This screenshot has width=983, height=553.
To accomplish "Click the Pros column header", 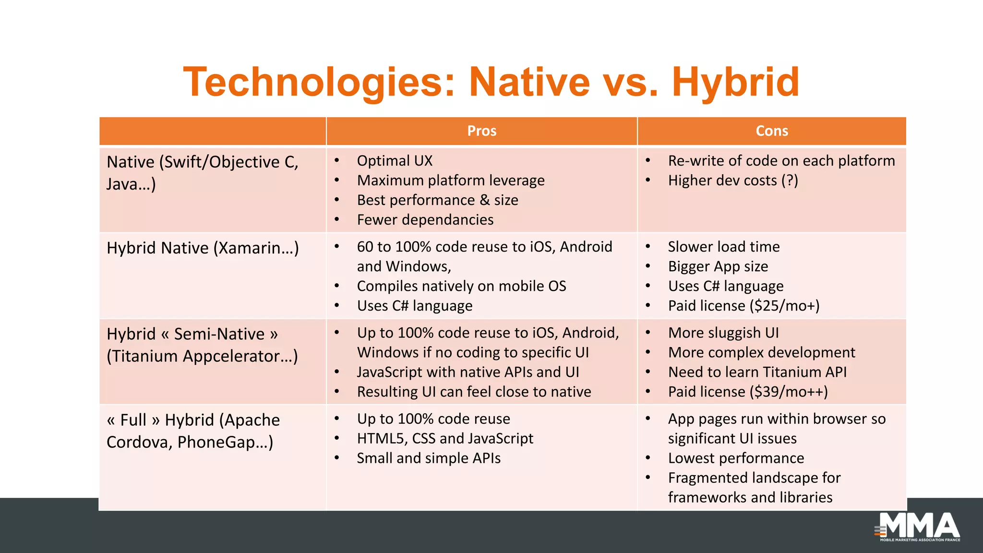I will click(481, 131).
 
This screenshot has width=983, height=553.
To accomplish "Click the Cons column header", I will click(771, 131).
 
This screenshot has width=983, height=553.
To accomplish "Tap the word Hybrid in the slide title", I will click(735, 82).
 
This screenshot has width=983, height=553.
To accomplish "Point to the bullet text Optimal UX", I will click(395, 161).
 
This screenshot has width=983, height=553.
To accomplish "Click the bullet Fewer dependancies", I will click(425, 220).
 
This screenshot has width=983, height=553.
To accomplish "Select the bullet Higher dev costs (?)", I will click(732, 180).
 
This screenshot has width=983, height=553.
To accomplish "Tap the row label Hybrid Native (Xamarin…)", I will click(203, 248).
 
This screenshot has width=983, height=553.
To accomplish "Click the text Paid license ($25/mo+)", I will click(743, 306).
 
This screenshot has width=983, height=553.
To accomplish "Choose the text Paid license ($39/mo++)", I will click(748, 392).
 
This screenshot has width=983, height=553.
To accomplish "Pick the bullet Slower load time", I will click(723, 247).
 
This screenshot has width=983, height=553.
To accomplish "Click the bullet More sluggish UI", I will click(723, 333).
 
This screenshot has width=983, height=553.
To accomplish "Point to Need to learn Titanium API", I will click(757, 372).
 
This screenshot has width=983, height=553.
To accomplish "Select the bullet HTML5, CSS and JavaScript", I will click(445, 438).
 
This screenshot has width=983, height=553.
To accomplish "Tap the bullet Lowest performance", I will click(736, 458).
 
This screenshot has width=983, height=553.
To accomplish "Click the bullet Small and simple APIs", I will click(429, 458).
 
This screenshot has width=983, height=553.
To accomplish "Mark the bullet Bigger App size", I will click(718, 266).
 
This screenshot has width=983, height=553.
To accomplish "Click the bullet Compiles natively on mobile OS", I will click(461, 286).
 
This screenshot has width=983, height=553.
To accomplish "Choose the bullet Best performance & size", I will click(437, 200).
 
